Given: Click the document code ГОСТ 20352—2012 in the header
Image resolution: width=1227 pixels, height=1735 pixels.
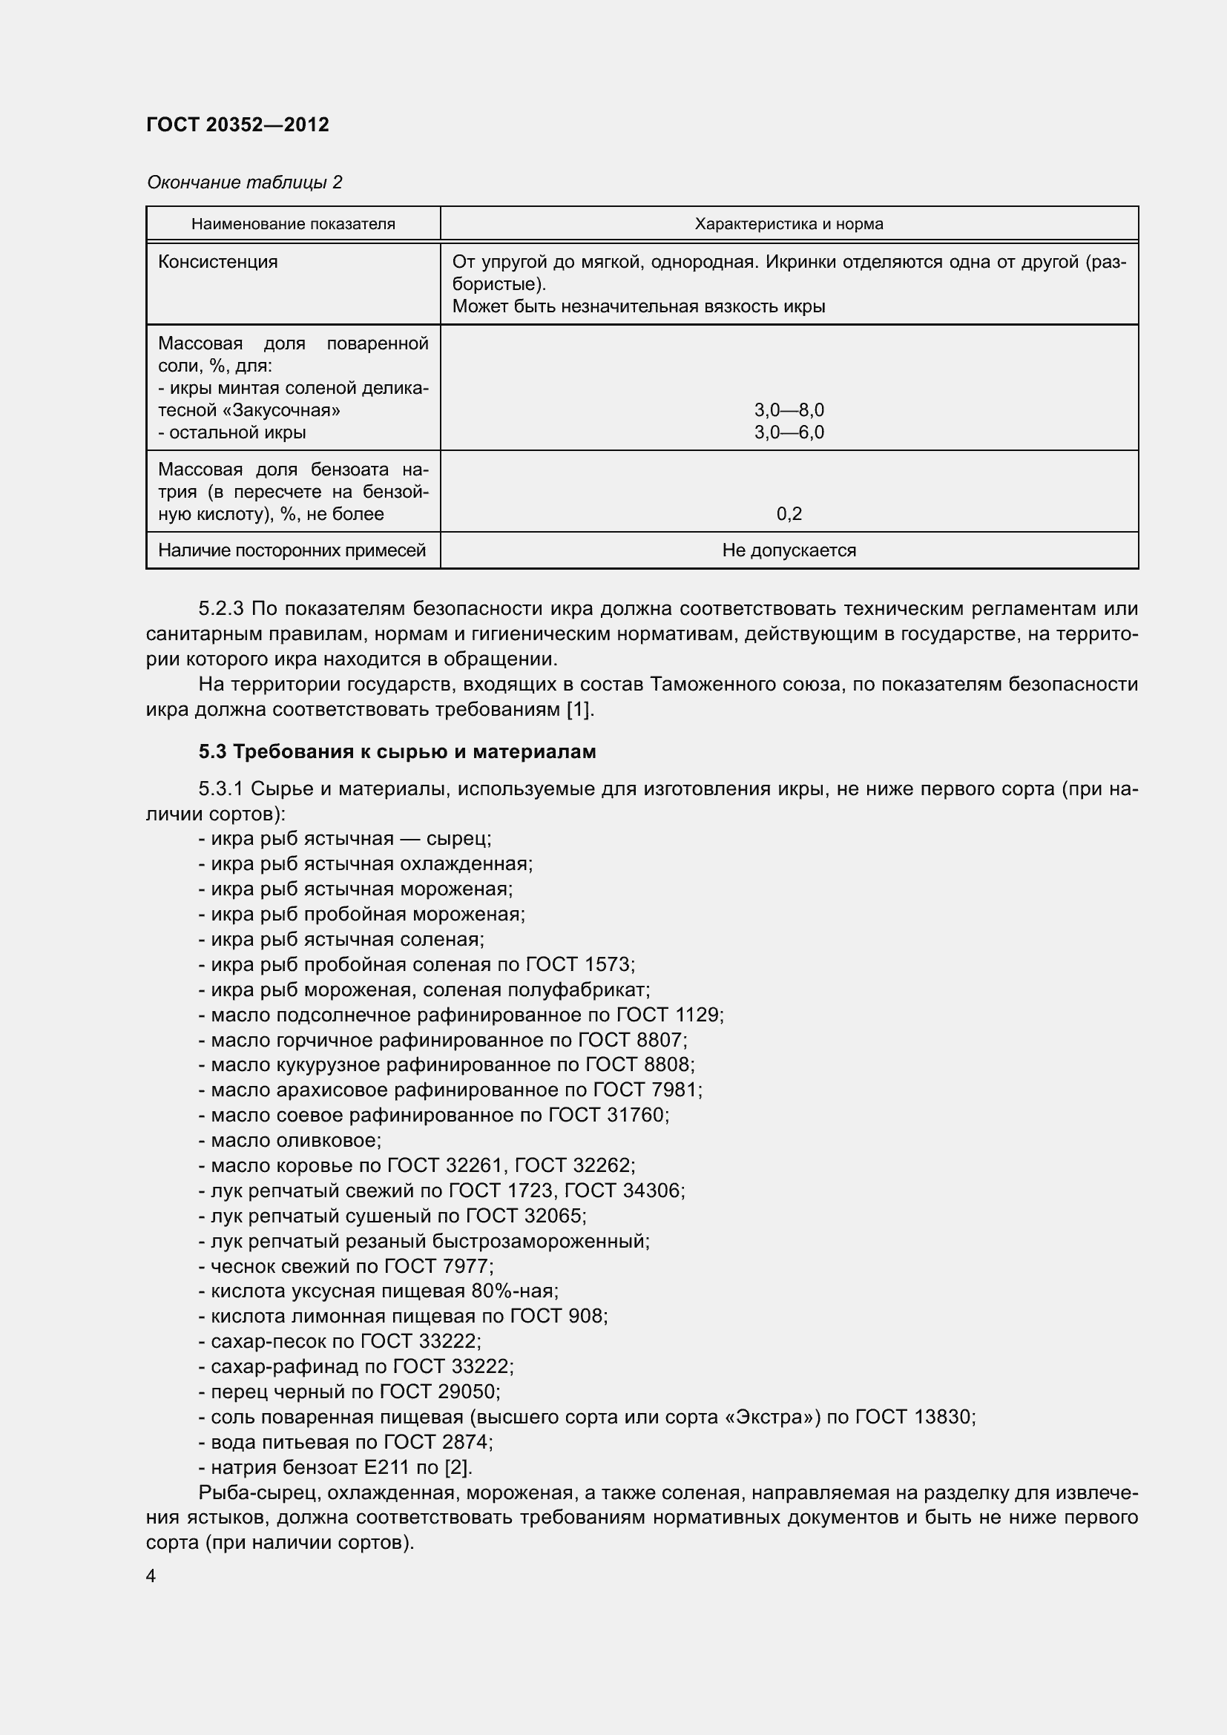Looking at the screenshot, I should click(237, 125).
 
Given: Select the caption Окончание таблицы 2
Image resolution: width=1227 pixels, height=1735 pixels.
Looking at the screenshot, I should click(244, 182).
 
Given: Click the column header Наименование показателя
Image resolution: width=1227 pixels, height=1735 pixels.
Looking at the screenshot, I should click(293, 224).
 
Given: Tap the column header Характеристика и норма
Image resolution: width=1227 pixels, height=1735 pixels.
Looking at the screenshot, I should click(789, 224).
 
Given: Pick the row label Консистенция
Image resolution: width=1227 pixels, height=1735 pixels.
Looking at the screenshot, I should click(217, 262).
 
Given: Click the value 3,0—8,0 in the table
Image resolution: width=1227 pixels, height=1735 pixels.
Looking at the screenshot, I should click(789, 410).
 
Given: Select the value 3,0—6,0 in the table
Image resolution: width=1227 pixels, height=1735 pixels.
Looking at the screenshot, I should click(789, 432).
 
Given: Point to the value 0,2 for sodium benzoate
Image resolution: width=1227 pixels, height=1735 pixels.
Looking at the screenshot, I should click(789, 514).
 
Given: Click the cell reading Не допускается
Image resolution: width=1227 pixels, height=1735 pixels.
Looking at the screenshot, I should click(789, 550).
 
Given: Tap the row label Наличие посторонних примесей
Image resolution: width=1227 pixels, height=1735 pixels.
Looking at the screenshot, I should click(292, 550).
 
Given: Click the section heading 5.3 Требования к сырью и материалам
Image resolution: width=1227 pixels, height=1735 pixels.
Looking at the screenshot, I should click(398, 752).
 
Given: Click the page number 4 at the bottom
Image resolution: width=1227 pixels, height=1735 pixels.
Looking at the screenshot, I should click(151, 1576).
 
